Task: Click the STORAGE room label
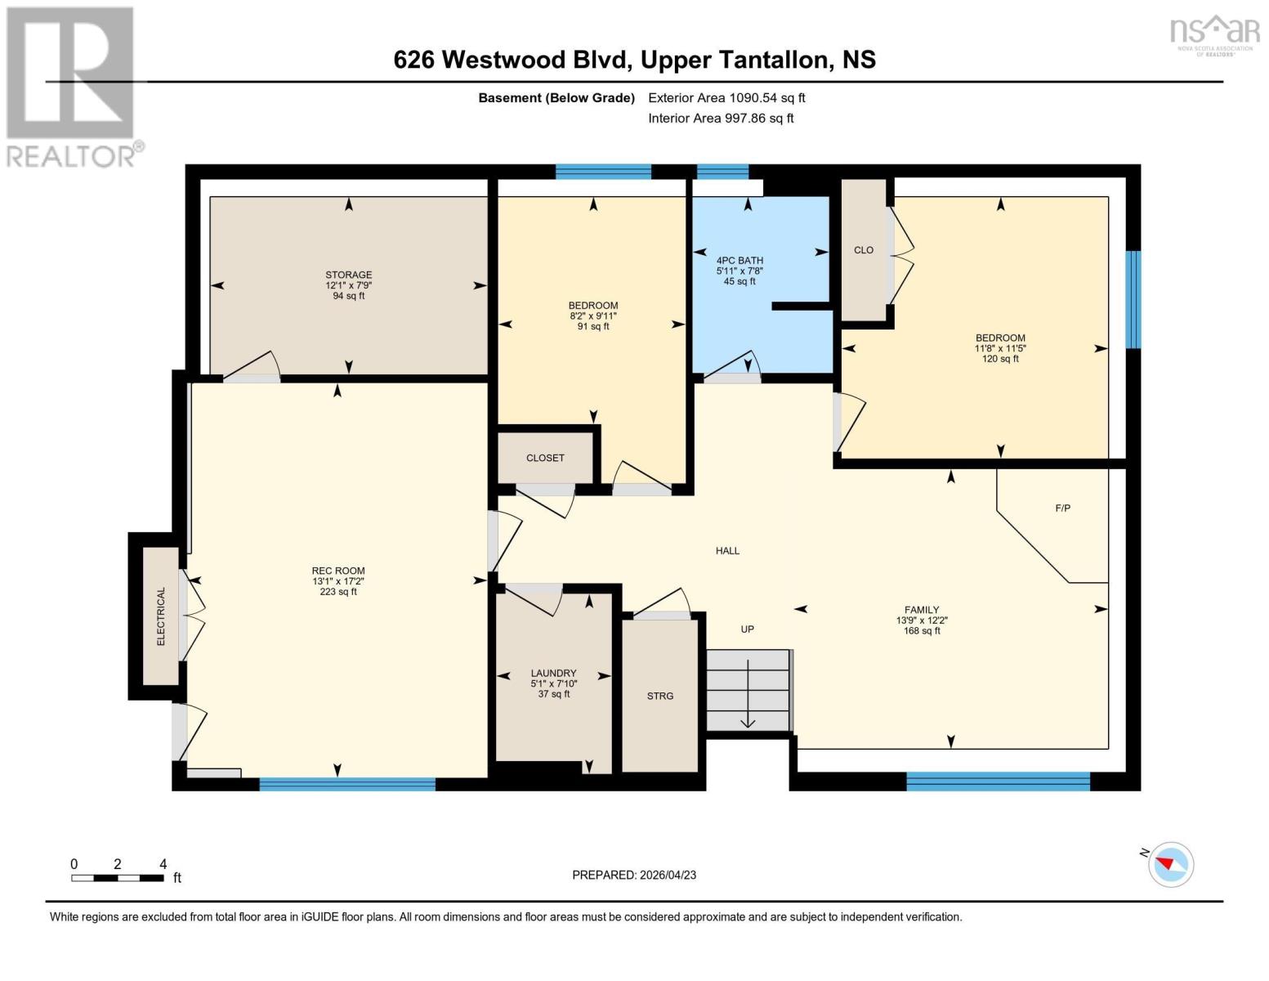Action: click(349, 275)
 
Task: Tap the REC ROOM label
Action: click(338, 571)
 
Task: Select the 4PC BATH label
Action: click(740, 260)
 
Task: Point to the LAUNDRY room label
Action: click(553, 673)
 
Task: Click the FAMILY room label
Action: click(921, 610)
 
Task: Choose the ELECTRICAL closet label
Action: click(161, 616)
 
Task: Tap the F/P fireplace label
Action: click(1062, 508)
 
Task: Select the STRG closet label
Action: click(660, 696)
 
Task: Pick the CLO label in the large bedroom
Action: click(864, 250)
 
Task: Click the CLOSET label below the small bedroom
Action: click(545, 458)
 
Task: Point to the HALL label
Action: click(727, 551)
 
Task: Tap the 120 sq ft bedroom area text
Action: click(1000, 359)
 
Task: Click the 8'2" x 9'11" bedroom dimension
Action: click(593, 316)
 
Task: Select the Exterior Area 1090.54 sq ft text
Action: click(726, 97)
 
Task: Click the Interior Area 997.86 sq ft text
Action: click(721, 118)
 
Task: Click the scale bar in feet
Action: click(117, 878)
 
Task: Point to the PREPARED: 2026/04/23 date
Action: click(634, 875)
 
